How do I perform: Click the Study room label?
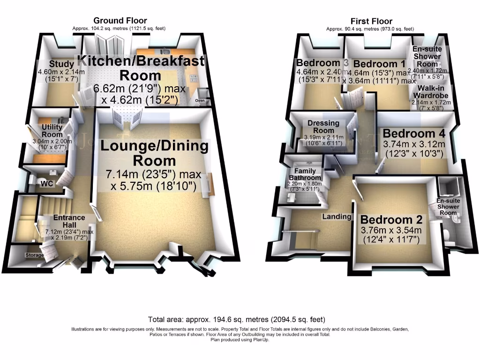[61, 64]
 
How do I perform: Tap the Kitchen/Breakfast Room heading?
[141, 67]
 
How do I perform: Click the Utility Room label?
[52, 131]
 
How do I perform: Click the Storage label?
[35, 255]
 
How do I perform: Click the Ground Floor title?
[120, 21]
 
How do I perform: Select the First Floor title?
[371, 21]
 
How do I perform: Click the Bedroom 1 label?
[379, 64]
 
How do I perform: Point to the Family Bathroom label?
[305, 174]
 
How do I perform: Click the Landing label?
[337, 217]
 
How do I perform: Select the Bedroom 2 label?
[391, 219]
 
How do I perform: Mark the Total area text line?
[236, 320]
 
